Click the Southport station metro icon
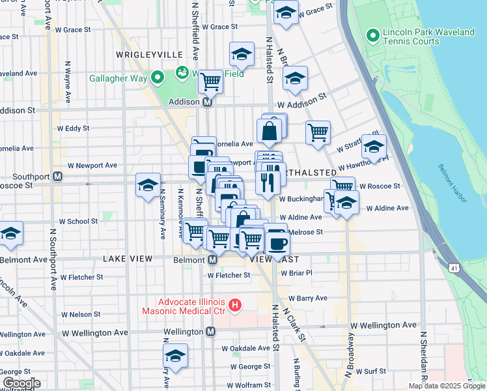point(58,176)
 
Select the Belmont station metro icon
point(213,259)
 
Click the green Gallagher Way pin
point(157,78)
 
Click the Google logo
point(21,383)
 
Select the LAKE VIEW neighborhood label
point(128,259)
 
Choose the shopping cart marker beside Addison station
point(210,82)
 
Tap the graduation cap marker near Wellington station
point(175,356)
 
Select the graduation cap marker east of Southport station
point(148,186)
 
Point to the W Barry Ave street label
point(307,298)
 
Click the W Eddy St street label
point(73,128)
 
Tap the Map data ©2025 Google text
point(446,386)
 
